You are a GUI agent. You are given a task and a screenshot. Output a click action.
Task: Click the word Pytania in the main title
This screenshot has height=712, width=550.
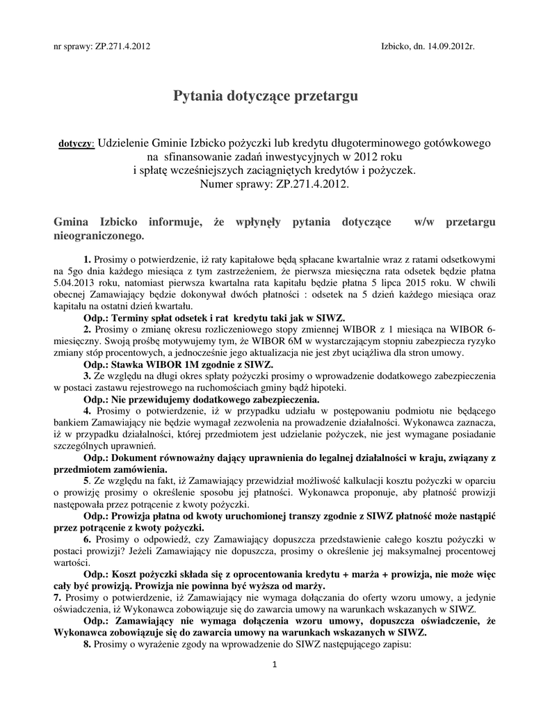tap(200, 96)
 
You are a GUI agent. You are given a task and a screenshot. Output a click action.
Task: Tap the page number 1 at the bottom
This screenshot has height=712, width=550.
tap(275, 665)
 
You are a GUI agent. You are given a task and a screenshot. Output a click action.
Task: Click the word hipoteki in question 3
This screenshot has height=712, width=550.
tap(326, 387)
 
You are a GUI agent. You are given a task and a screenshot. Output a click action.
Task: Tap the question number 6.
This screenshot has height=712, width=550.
tap(87, 540)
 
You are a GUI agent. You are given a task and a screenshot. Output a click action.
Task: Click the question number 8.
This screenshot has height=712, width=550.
tap(87, 645)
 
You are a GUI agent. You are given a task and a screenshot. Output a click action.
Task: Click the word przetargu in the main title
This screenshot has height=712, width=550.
tap(325, 96)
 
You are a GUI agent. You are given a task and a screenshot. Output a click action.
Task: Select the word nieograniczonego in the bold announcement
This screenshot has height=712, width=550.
tap(99, 236)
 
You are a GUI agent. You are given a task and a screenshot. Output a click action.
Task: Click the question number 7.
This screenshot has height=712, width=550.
tap(58, 598)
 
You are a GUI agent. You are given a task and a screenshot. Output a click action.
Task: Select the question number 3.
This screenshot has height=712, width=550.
tap(87, 376)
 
